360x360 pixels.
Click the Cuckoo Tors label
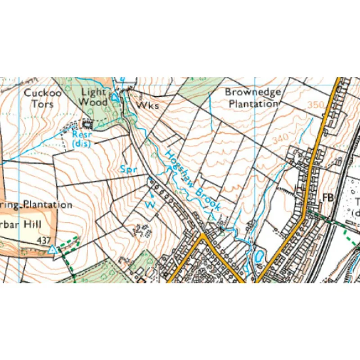click(x=39, y=99)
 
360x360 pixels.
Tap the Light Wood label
click(x=94, y=97)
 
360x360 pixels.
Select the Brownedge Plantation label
click(x=252, y=98)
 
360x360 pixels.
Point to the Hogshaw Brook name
click(x=192, y=180)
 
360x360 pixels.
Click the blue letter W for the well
click(x=151, y=205)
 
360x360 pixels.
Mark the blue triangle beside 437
click(x=53, y=249)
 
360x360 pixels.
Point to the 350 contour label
click(x=316, y=105)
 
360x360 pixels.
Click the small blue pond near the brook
click(x=259, y=257)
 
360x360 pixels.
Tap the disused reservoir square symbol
click(x=86, y=122)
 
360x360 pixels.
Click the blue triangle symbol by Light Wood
click(x=115, y=97)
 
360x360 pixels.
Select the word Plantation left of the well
click(x=47, y=204)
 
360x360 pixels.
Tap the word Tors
click(x=45, y=104)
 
